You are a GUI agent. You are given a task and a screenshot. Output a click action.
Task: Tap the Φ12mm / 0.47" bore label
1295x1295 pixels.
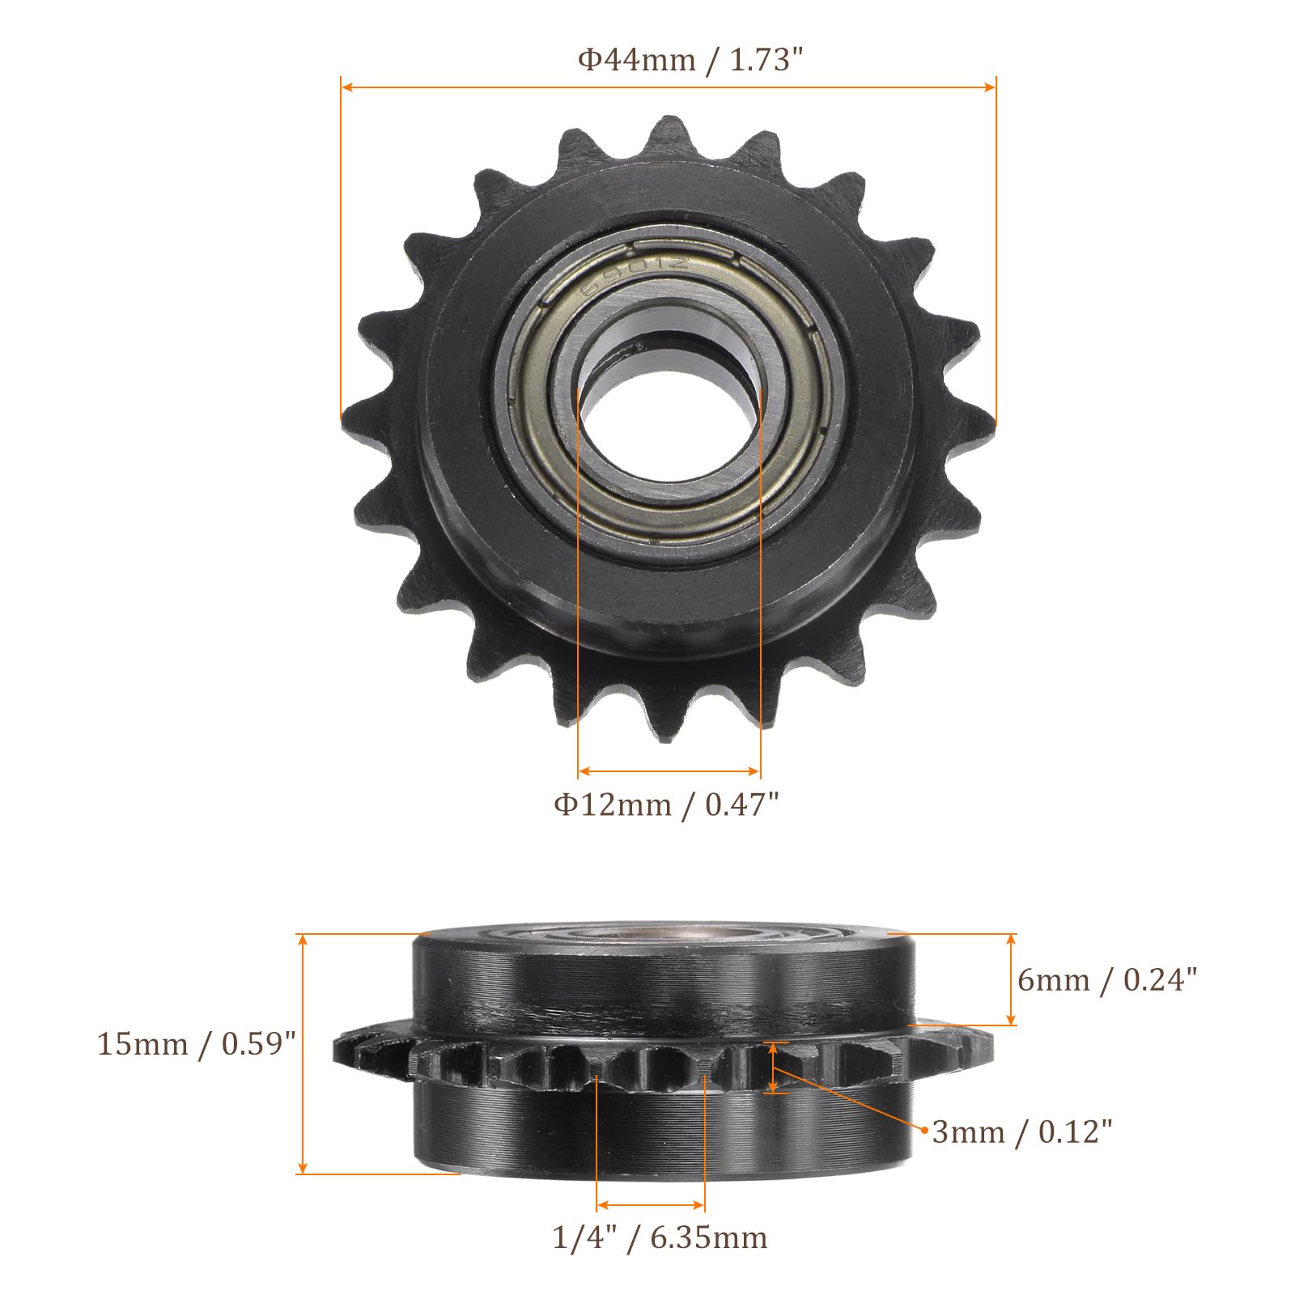pyautogui.click(x=667, y=804)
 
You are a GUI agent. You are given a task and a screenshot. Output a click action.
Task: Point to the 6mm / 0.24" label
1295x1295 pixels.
pyautogui.click(x=1106, y=980)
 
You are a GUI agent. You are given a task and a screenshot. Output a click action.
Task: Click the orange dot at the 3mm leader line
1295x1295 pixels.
pyautogui.click(x=923, y=1127)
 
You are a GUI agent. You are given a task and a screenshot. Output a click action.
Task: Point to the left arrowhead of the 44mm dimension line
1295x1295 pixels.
pyautogui.click(x=346, y=86)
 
